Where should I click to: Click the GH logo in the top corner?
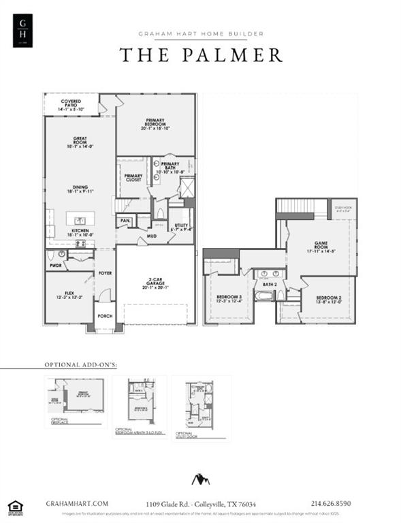(24, 31)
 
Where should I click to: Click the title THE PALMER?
(201, 55)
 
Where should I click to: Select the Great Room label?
(80, 144)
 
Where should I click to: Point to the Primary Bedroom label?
(155, 123)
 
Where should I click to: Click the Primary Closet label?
(133, 178)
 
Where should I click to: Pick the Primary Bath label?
(170, 166)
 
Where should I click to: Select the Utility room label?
(182, 227)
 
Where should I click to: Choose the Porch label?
(104, 316)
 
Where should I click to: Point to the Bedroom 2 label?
(328, 300)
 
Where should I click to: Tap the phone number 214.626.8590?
(330, 503)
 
